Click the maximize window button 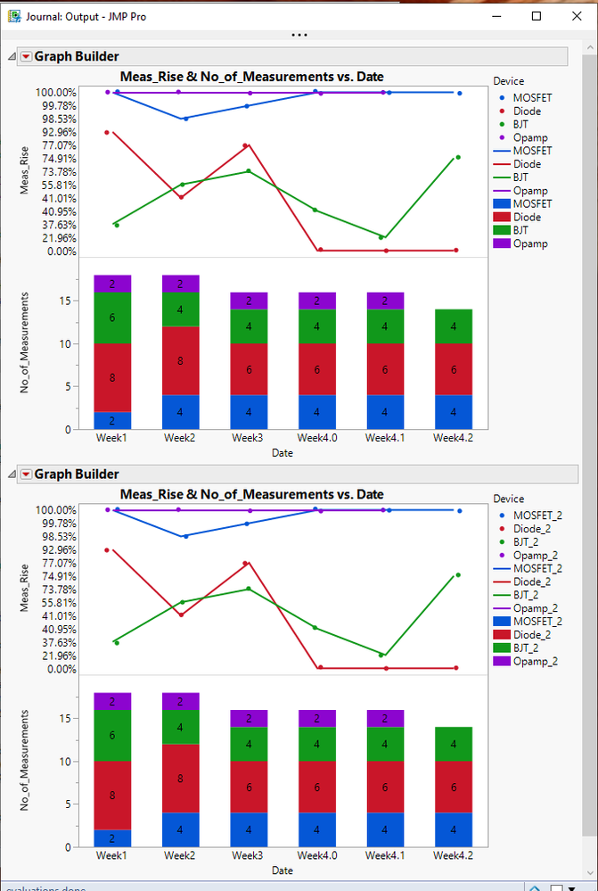click(x=537, y=16)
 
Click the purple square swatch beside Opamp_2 click(x=499, y=661)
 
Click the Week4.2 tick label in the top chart click(x=453, y=439)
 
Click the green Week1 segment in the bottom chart click(x=112, y=735)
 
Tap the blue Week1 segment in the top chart click(x=112, y=420)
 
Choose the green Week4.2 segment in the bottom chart click(x=454, y=744)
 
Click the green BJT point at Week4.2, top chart click(x=458, y=157)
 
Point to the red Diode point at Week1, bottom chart click(x=107, y=549)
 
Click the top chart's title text click(x=252, y=77)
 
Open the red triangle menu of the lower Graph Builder click(x=26, y=474)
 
